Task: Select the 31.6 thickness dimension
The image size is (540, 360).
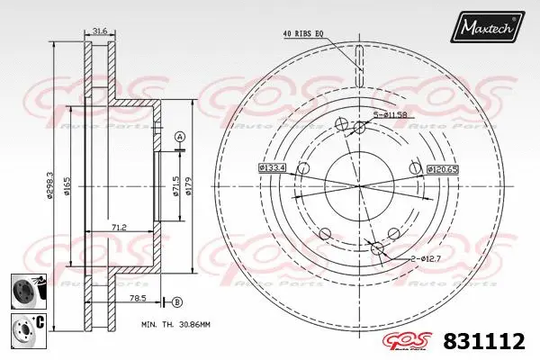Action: [100, 32]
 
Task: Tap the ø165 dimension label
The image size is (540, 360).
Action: [69, 187]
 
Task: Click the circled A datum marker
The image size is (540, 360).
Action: [178, 136]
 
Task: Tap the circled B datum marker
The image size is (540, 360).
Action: [177, 301]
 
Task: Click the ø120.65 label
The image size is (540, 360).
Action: [442, 168]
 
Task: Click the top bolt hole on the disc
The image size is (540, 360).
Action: [359, 128]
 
